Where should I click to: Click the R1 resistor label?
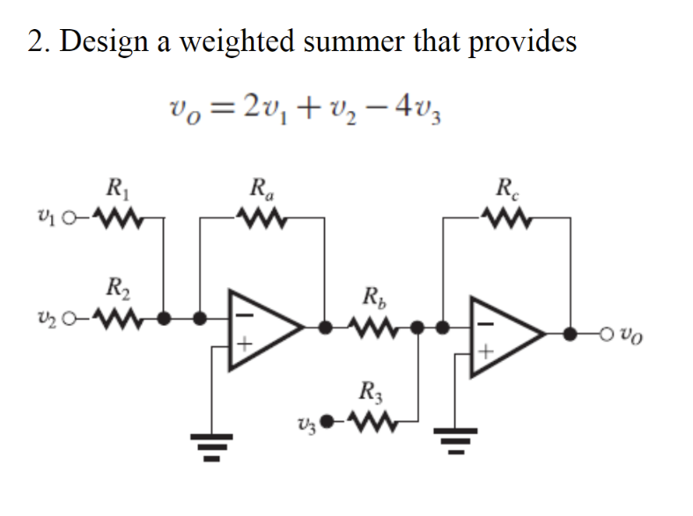pos(114,188)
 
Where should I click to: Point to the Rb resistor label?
pos(372,296)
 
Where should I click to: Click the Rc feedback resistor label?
pos(508,188)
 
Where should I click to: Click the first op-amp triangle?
pos(264,326)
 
